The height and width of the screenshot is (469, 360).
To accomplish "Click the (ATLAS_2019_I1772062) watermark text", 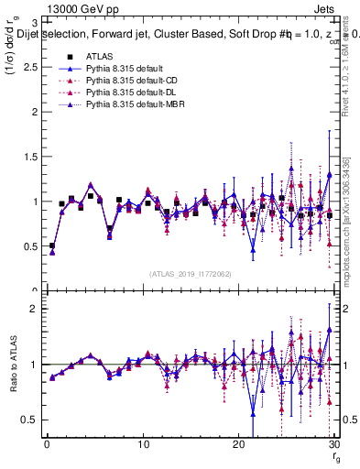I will pos(191,273).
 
